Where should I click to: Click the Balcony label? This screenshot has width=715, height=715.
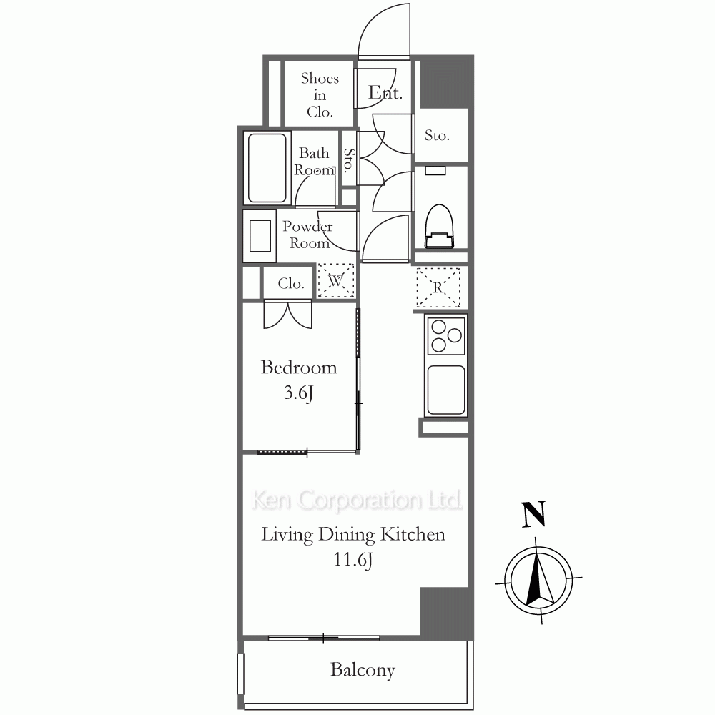(x=363, y=669)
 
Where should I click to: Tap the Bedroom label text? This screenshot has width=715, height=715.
(x=299, y=367)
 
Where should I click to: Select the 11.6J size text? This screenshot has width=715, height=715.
(x=353, y=560)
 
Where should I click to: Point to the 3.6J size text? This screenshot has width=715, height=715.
(x=298, y=393)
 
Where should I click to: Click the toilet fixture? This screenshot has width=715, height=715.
(x=439, y=226)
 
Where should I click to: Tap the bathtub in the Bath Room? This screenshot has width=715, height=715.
(x=267, y=168)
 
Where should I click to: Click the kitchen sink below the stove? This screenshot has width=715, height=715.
(x=446, y=390)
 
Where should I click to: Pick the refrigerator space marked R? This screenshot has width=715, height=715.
(x=438, y=287)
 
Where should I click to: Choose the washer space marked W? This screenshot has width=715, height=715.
(x=336, y=280)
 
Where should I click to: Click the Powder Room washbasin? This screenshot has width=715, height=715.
(x=260, y=236)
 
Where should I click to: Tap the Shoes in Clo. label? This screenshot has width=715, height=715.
(x=320, y=95)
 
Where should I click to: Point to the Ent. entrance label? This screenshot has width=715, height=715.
(x=385, y=92)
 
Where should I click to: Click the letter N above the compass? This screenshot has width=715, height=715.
(x=533, y=514)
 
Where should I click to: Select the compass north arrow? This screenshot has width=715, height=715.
(x=539, y=579)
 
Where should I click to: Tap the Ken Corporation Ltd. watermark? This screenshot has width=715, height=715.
(x=357, y=500)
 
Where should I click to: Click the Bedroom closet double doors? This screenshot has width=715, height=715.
(x=287, y=314)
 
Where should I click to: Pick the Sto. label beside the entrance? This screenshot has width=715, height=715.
(x=437, y=135)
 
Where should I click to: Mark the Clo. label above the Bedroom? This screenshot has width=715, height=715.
(x=291, y=283)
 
